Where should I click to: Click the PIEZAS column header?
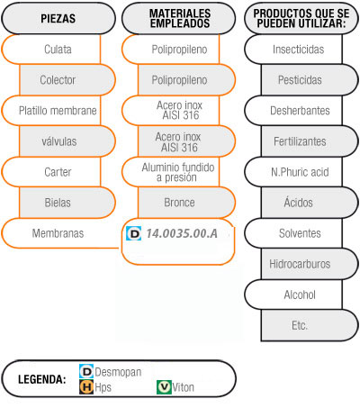coord(58,18)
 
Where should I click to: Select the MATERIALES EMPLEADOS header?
coord(179,18)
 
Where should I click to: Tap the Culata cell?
coord(51,50)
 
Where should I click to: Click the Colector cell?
coord(67,80)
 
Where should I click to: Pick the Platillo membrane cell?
coord(51,111)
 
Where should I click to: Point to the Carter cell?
coord(51,172)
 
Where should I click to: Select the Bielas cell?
coord(67,203)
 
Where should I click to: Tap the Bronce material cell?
coord(186,203)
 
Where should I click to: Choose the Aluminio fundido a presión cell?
coord(171,172)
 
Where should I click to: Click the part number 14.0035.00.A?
coord(182,233)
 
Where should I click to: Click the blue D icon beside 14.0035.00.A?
coord(134,233)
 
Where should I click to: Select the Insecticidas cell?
coord(293,50)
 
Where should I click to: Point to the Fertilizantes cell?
coord(310,141)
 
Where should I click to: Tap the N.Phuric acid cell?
coord(293,172)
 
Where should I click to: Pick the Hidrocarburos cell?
coord(310,264)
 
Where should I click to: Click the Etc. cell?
coord(310,325)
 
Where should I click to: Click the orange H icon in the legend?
coord(86,387)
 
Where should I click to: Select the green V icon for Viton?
coord(164,387)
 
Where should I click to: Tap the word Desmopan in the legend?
coord(118,372)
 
